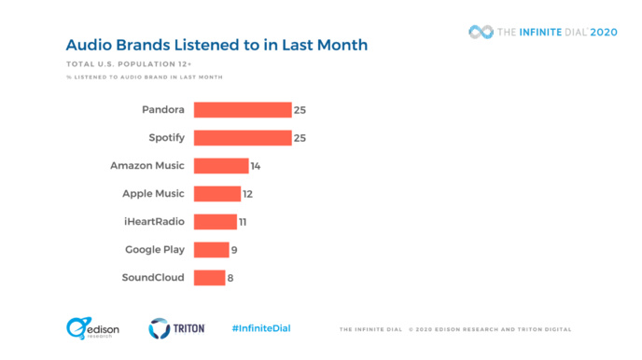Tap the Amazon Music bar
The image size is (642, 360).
click(x=220, y=166)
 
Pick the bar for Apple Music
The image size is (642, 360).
click(x=216, y=194)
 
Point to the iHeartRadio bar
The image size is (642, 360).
click(x=215, y=222)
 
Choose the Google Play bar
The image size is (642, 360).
click(x=211, y=250)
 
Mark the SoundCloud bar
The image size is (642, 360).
click(x=209, y=278)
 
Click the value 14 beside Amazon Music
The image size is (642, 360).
click(x=255, y=166)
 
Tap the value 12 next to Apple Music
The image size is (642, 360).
click(x=247, y=194)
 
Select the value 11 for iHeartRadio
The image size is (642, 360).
click(x=244, y=222)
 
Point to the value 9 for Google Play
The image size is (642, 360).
click(x=234, y=250)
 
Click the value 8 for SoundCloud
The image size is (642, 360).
click(x=231, y=278)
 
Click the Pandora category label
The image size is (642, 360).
click(x=163, y=110)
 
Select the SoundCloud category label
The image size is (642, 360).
click(x=153, y=278)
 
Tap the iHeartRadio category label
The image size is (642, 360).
click(x=153, y=222)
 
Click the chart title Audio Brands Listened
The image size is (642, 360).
click(x=216, y=45)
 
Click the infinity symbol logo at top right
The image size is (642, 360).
click(x=481, y=33)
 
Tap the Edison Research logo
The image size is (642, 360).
click(x=90, y=328)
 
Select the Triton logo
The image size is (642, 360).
click(x=177, y=328)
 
